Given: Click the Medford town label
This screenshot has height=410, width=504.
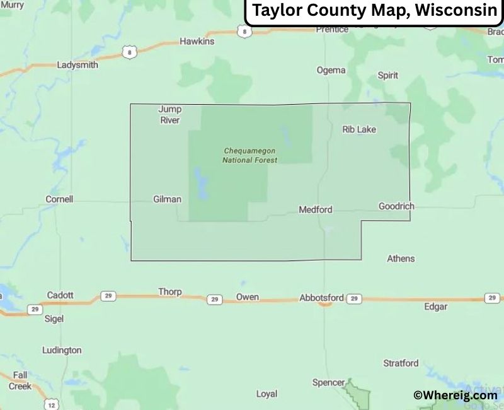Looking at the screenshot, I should (315, 209).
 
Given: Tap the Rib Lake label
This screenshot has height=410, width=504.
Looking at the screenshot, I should (359, 129).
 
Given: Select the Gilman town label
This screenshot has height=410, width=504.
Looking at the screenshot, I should (167, 199).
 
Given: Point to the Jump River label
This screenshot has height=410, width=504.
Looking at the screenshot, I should (169, 115).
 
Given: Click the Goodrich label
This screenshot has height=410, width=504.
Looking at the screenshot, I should (396, 206).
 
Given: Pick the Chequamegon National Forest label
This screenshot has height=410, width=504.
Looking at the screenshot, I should (250, 155).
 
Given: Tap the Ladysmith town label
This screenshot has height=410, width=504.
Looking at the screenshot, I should (77, 65).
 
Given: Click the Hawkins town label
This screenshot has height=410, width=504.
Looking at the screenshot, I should (197, 42).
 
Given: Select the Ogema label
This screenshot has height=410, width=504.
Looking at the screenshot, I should (331, 71).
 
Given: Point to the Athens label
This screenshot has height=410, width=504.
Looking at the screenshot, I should (401, 259).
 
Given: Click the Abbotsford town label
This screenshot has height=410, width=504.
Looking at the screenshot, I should (321, 298).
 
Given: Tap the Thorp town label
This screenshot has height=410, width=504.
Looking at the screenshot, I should (170, 292).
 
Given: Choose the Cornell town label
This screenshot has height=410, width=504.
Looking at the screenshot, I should (59, 199).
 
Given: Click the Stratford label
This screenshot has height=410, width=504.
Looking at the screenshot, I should (401, 363).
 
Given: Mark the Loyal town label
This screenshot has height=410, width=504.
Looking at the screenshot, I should (266, 394).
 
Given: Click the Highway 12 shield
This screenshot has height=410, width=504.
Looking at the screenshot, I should (52, 404).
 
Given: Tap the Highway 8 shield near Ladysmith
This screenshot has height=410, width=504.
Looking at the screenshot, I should (129, 53).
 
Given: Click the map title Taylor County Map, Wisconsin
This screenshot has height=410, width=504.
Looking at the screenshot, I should (374, 11).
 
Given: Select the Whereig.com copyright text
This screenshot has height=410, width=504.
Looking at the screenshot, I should (455, 395).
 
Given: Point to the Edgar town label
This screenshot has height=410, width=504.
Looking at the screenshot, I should (435, 307).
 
